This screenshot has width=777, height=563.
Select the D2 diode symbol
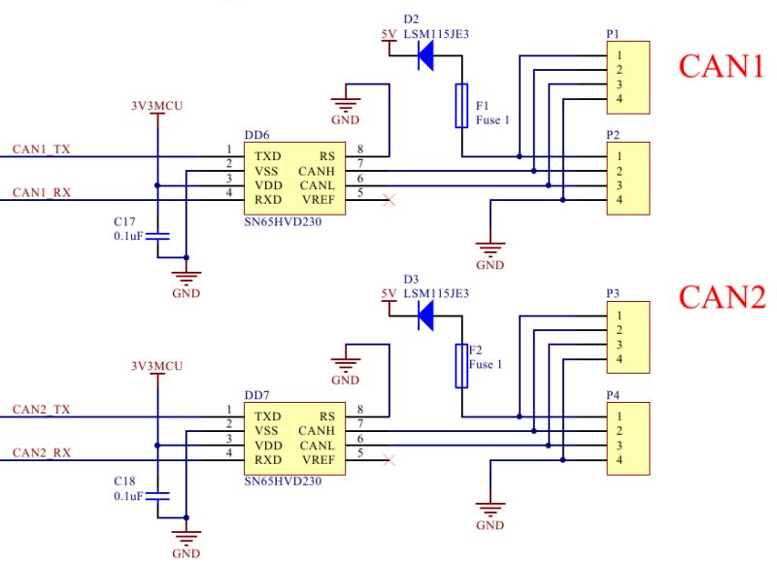424,56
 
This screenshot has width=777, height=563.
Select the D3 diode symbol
424,315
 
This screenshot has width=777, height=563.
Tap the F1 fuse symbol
462,105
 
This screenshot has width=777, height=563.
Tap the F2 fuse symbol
462,365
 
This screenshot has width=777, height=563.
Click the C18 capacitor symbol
162,495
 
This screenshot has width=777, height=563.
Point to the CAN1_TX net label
41,149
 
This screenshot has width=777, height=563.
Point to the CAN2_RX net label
41,453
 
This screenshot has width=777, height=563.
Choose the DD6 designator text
257,137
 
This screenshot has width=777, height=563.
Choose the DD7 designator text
257,396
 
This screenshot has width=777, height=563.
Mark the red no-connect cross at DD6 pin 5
389,200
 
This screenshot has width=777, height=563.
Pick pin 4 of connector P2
618,200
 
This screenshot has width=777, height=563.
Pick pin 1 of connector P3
618,315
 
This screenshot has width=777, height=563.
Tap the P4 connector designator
613,396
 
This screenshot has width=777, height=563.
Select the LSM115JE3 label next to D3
436,293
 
